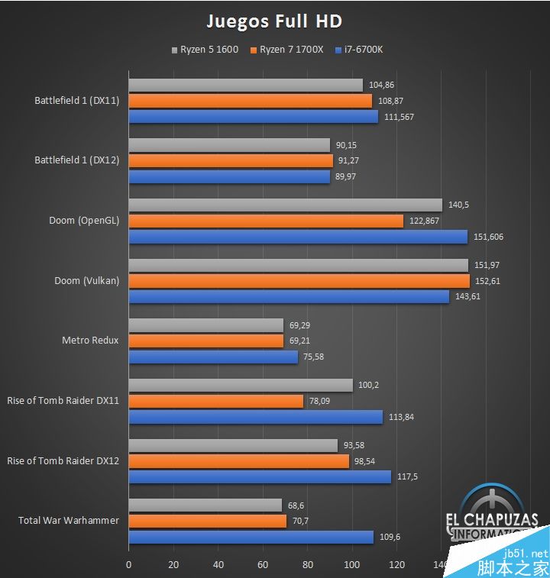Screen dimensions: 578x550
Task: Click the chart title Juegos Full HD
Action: coord(275,21)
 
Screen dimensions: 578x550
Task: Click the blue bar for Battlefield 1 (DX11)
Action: coord(253,117)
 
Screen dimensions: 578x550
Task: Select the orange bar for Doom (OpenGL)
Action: coord(266,221)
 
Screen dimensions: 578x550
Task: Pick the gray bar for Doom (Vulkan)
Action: coord(298,265)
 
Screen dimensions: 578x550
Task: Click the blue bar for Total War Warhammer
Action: coord(251,537)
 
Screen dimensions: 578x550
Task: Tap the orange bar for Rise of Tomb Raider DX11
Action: coord(215,401)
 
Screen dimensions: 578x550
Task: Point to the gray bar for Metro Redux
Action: coord(205,325)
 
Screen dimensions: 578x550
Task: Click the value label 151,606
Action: coord(489,237)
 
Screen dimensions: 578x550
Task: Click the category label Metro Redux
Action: coord(90,341)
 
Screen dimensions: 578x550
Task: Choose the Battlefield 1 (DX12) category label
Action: coord(76,161)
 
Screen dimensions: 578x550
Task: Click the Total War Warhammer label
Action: coord(69,521)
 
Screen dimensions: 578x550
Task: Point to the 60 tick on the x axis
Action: coord(263,566)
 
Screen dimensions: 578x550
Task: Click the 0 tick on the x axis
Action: coord(128,566)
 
